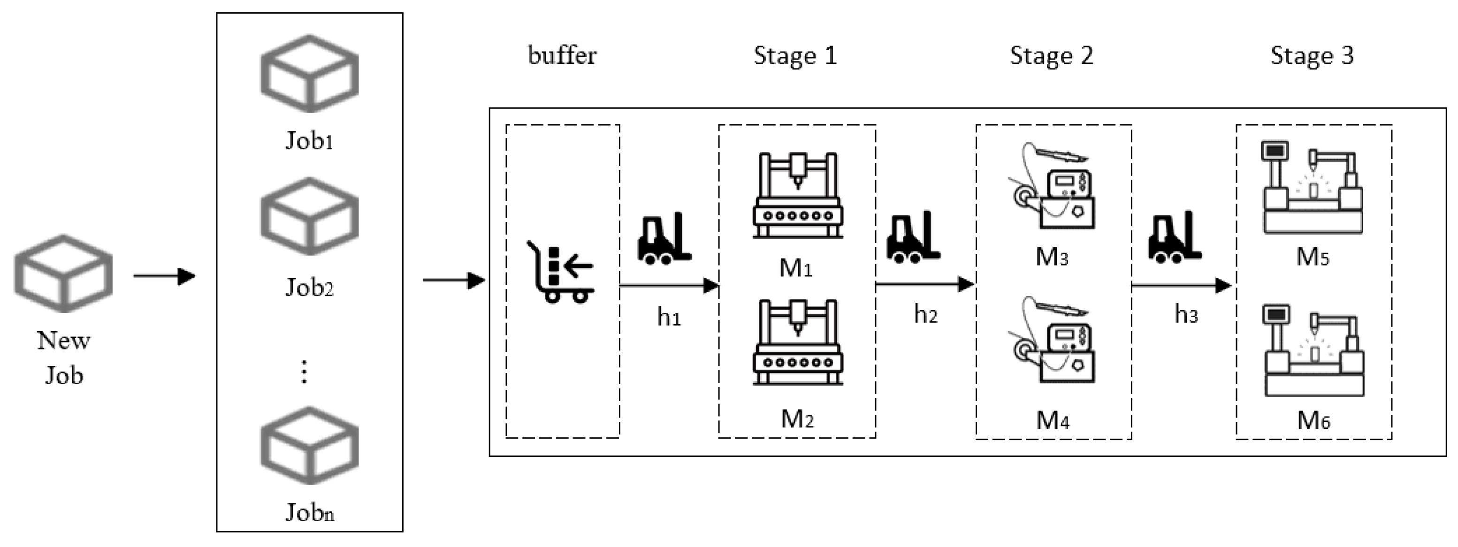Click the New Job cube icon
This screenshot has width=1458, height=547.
[x=63, y=274]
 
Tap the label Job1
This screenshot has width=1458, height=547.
[x=309, y=140]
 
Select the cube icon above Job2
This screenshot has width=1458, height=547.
[x=309, y=216]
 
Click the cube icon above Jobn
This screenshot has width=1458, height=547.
[x=309, y=446]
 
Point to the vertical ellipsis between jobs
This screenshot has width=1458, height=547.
[x=305, y=372]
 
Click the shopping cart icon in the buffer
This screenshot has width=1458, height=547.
[x=560, y=273]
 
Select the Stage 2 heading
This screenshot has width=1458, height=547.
[x=1052, y=55]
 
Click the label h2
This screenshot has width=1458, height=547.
[x=926, y=314]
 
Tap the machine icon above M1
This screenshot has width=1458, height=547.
[x=797, y=195]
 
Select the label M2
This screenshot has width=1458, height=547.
[x=797, y=419]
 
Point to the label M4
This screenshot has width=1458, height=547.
[x=1053, y=420]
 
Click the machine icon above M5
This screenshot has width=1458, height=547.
[x=1313, y=188]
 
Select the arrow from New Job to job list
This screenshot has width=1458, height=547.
[x=164, y=276]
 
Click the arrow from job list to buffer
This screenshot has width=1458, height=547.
[x=453, y=280]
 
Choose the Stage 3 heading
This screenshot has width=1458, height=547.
[x=1312, y=55]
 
